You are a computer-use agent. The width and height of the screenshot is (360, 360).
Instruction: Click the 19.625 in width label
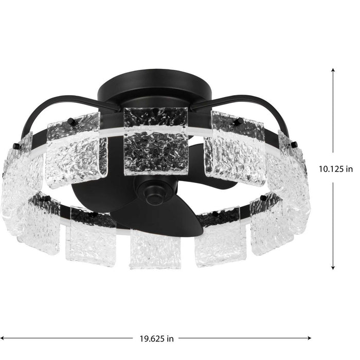click(x=155, y=339)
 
